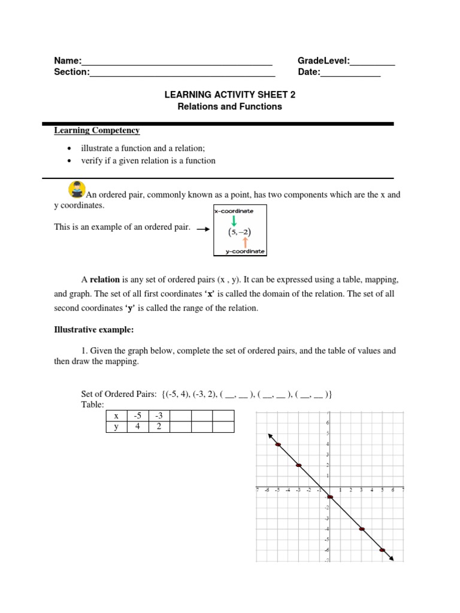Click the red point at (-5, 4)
coord(278,444)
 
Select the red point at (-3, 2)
coord(298,465)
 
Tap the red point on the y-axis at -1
coord(329,497)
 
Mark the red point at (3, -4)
coord(362,529)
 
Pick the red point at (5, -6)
coord(382,550)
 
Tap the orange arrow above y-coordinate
coord(245,242)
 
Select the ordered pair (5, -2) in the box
coord(239,231)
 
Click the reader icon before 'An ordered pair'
coord(77,190)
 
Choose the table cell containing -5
coord(137,416)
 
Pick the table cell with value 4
coord(137,427)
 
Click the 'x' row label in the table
coord(116,416)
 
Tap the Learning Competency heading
coord(96,130)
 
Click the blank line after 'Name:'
coord(177,62)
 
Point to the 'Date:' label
coord(308,72)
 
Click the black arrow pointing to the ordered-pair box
coord(203,229)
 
